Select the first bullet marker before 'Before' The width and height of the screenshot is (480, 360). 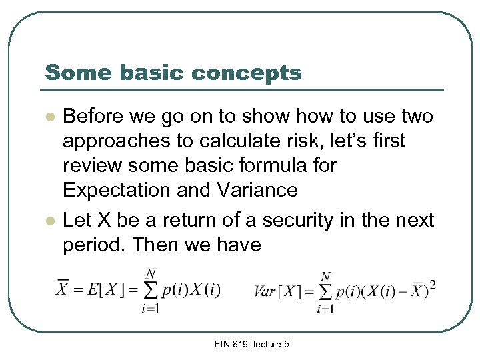coord(49,117)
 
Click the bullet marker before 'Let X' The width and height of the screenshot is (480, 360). coord(49,220)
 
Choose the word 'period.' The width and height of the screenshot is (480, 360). coord(95,245)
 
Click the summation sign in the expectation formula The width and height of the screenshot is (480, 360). coord(151,289)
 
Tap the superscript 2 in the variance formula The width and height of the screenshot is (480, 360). coord(433,285)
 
